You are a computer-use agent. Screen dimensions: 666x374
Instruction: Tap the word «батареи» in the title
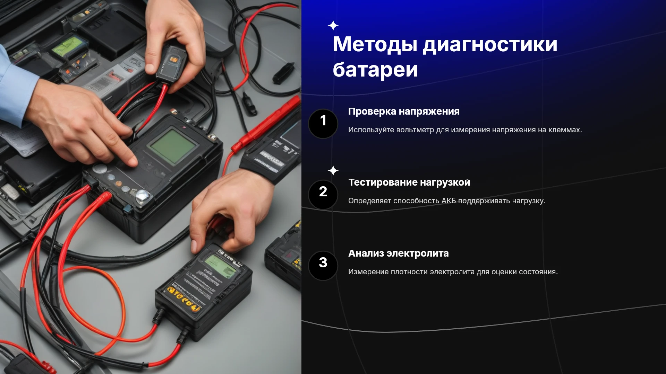point(375,70)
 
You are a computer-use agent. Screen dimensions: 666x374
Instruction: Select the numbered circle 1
point(323,124)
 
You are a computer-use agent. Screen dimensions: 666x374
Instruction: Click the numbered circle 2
point(323,195)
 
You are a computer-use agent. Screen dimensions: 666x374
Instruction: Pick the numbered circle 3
point(323,266)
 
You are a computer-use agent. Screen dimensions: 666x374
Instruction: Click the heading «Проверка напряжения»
point(404,112)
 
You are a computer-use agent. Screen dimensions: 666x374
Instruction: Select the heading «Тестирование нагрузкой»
point(409,182)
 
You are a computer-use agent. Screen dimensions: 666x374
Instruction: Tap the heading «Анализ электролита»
point(399,253)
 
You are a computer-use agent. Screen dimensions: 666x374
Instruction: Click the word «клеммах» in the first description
point(565,130)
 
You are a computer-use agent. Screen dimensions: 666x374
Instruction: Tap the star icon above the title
point(333,26)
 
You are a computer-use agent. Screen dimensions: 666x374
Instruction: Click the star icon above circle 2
point(333,170)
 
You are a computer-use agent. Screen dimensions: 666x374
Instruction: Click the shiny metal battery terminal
point(142,196)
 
